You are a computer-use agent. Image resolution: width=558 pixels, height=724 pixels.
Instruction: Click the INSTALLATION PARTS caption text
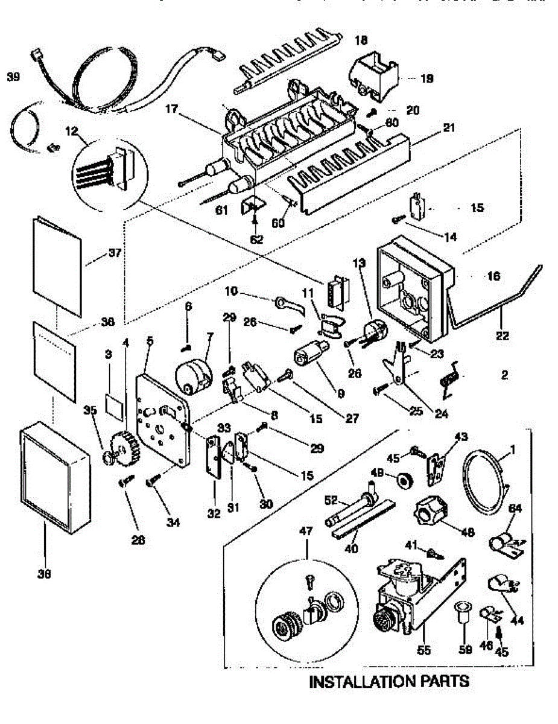point(389,682)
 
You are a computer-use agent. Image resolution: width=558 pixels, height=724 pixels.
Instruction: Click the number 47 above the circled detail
point(306,532)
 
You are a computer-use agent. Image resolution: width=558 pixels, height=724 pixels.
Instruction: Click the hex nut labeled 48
point(430,513)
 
